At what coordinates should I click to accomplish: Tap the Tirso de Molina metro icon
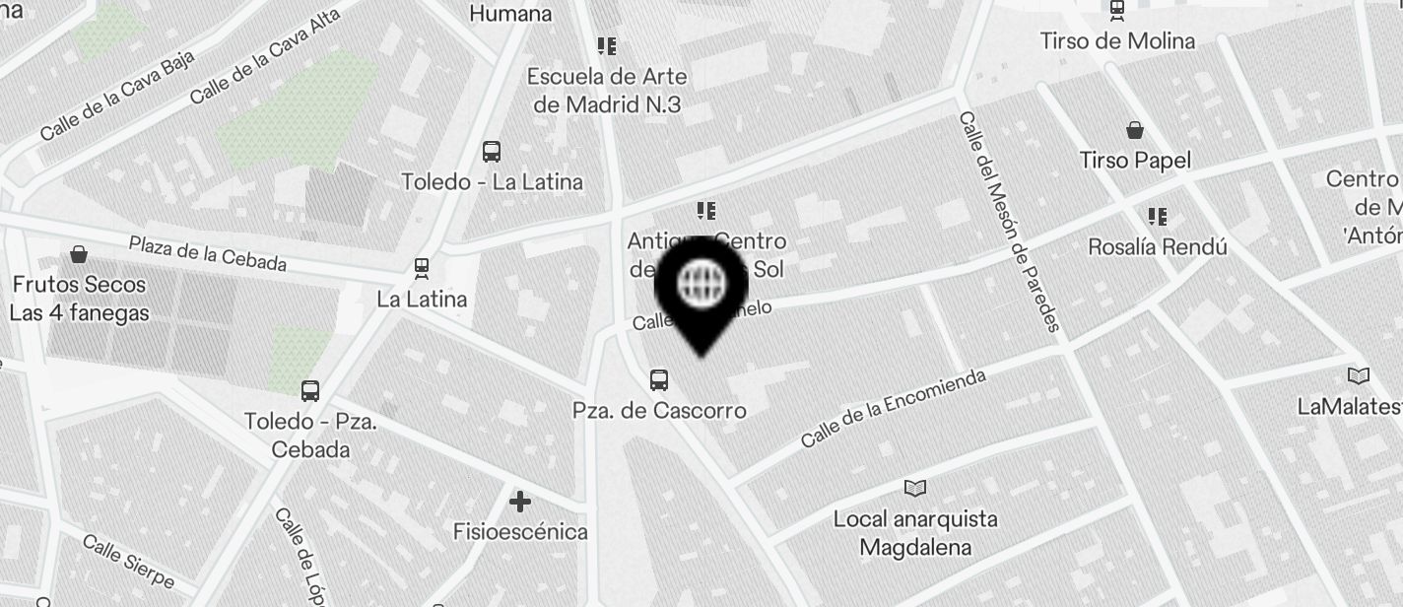[1116, 11]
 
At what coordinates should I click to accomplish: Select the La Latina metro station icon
[422, 268]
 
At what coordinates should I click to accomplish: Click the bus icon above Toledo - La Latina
[492, 152]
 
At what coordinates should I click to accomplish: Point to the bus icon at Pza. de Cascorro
[659, 379]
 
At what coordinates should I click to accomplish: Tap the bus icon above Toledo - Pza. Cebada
[310, 390]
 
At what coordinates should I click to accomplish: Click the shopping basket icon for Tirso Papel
[1135, 130]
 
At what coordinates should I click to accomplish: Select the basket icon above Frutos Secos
[79, 255]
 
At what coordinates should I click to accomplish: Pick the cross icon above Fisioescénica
[520, 503]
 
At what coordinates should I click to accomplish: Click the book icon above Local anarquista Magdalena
[915, 488]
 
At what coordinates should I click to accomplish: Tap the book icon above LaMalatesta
[1359, 375]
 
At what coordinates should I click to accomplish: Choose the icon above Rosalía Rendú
[1158, 216]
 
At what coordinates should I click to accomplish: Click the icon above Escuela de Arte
[607, 45]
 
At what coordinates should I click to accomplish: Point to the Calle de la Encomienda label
[893, 408]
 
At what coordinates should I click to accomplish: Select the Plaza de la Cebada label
[208, 253]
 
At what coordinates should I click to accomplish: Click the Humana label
[510, 13]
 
